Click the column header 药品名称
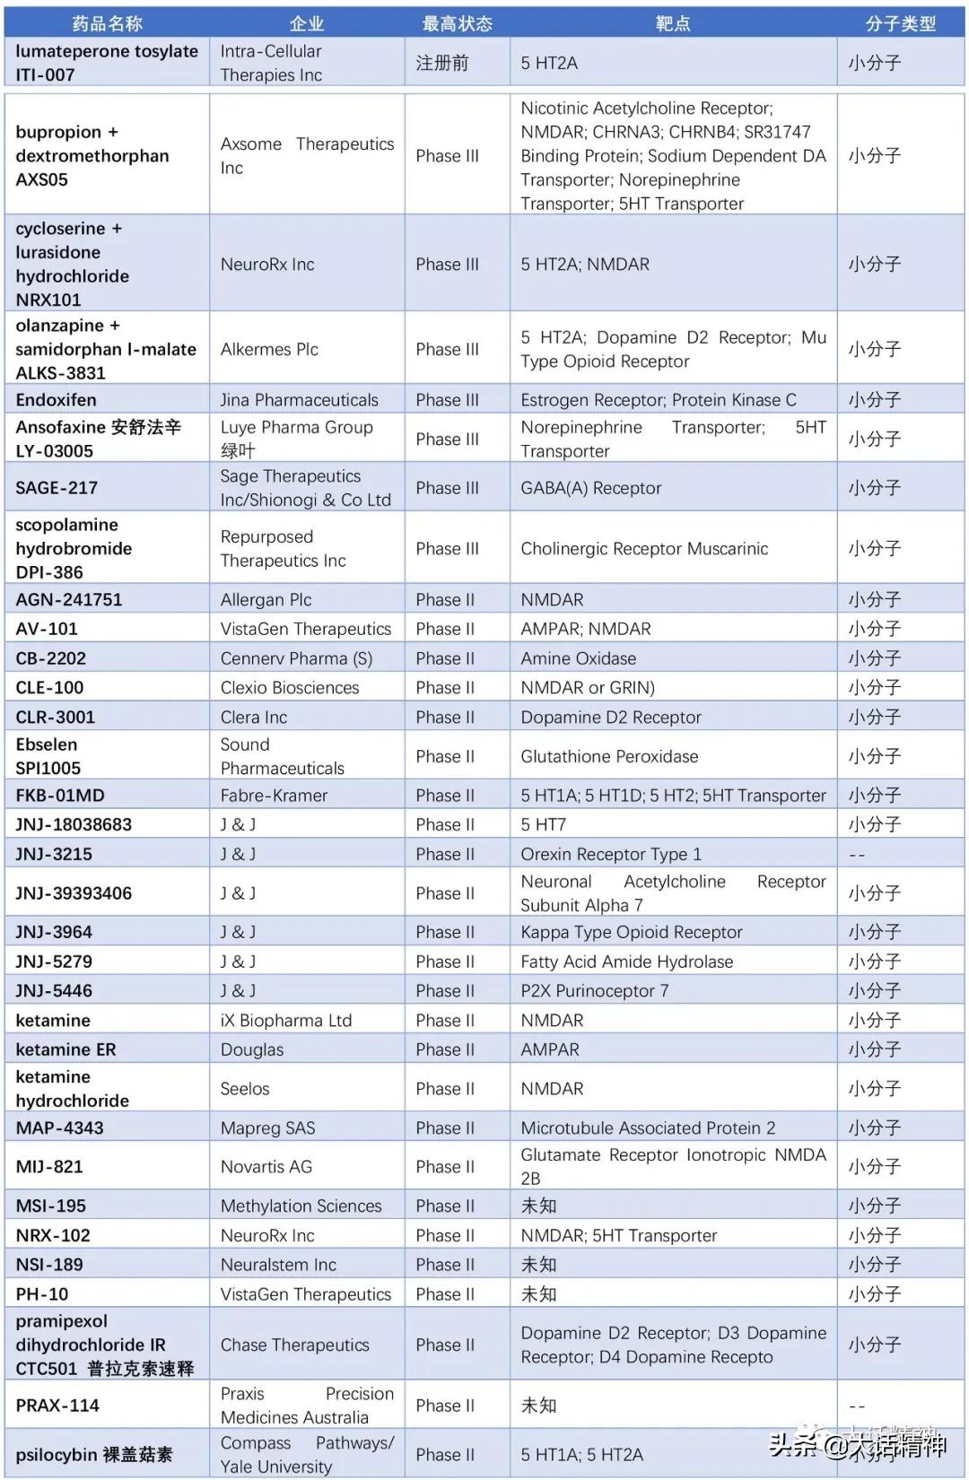click(107, 23)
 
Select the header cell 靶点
click(672, 23)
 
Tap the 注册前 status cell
click(441, 63)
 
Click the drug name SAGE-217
click(57, 488)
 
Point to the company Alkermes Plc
click(269, 349)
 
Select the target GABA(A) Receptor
click(590, 488)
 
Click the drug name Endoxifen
click(56, 400)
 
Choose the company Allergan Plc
click(266, 599)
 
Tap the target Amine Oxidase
click(578, 658)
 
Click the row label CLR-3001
click(55, 717)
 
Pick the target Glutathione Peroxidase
click(609, 756)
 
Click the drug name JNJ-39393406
click(74, 893)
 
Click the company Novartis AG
click(266, 1166)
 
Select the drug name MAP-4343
click(59, 1127)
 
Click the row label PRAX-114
click(57, 1406)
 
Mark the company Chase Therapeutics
click(294, 1345)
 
